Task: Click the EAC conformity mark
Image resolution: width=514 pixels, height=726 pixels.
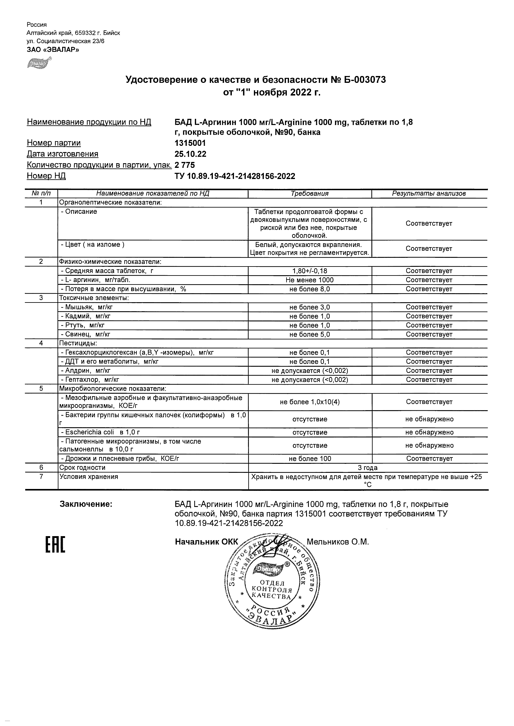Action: (55, 544)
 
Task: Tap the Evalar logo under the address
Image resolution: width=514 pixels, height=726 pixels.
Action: (39, 63)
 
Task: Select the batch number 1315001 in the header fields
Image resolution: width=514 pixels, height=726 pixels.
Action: (190, 143)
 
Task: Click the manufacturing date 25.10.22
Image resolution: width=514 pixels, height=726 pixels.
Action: (190, 154)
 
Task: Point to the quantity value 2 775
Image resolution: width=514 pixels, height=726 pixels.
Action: (185, 165)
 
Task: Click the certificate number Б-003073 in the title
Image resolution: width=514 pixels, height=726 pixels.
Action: (365, 80)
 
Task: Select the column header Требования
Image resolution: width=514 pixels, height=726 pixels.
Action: (310, 194)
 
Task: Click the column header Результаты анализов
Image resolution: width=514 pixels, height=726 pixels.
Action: (429, 194)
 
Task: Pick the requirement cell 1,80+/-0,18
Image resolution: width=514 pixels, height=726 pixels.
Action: (310, 271)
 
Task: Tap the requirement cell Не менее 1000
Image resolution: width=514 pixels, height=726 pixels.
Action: (310, 280)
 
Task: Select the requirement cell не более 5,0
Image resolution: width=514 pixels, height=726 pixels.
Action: (310, 334)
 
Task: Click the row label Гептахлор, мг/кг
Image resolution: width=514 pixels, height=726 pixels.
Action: (90, 380)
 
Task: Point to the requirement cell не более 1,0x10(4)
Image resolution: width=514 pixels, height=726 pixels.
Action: (310, 402)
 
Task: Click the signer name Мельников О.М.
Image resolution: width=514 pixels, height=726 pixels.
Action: (338, 542)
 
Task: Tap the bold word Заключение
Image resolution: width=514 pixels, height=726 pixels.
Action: (86, 504)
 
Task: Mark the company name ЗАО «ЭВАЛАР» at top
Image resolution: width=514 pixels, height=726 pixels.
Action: (53, 49)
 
